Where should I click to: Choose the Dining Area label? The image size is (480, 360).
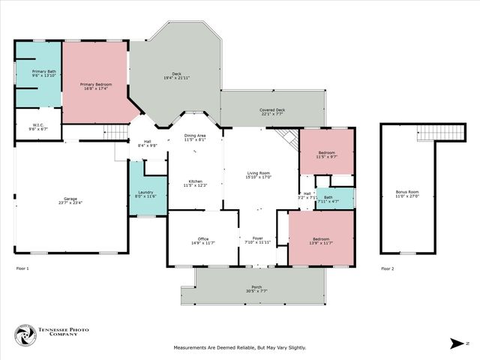(x=195, y=137)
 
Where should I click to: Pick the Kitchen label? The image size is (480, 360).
(x=195, y=182)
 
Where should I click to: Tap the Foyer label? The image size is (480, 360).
(x=257, y=240)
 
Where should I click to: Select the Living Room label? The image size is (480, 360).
(x=259, y=175)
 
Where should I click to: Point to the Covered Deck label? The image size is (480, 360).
(x=272, y=112)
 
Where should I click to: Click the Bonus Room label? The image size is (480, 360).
(x=407, y=193)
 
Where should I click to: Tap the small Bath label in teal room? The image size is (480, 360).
(x=328, y=199)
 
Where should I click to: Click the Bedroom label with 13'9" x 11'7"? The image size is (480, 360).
(x=320, y=241)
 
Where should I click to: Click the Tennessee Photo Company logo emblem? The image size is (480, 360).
(x=25, y=336)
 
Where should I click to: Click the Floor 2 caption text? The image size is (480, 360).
(x=386, y=268)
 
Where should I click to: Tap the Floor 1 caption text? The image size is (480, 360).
(x=22, y=268)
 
